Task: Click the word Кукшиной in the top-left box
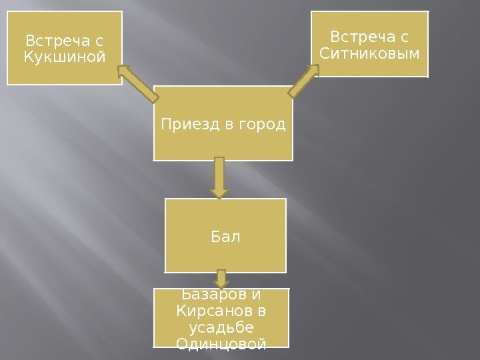click(x=65, y=57)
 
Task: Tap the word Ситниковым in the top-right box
click(x=370, y=52)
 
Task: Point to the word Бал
click(x=225, y=236)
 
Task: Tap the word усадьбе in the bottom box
click(x=221, y=327)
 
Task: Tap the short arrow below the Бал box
click(x=221, y=279)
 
